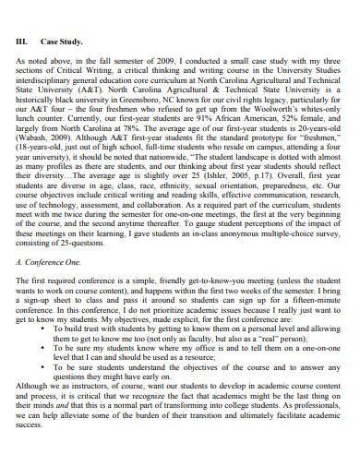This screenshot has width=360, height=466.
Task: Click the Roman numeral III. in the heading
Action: [x=25, y=40]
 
